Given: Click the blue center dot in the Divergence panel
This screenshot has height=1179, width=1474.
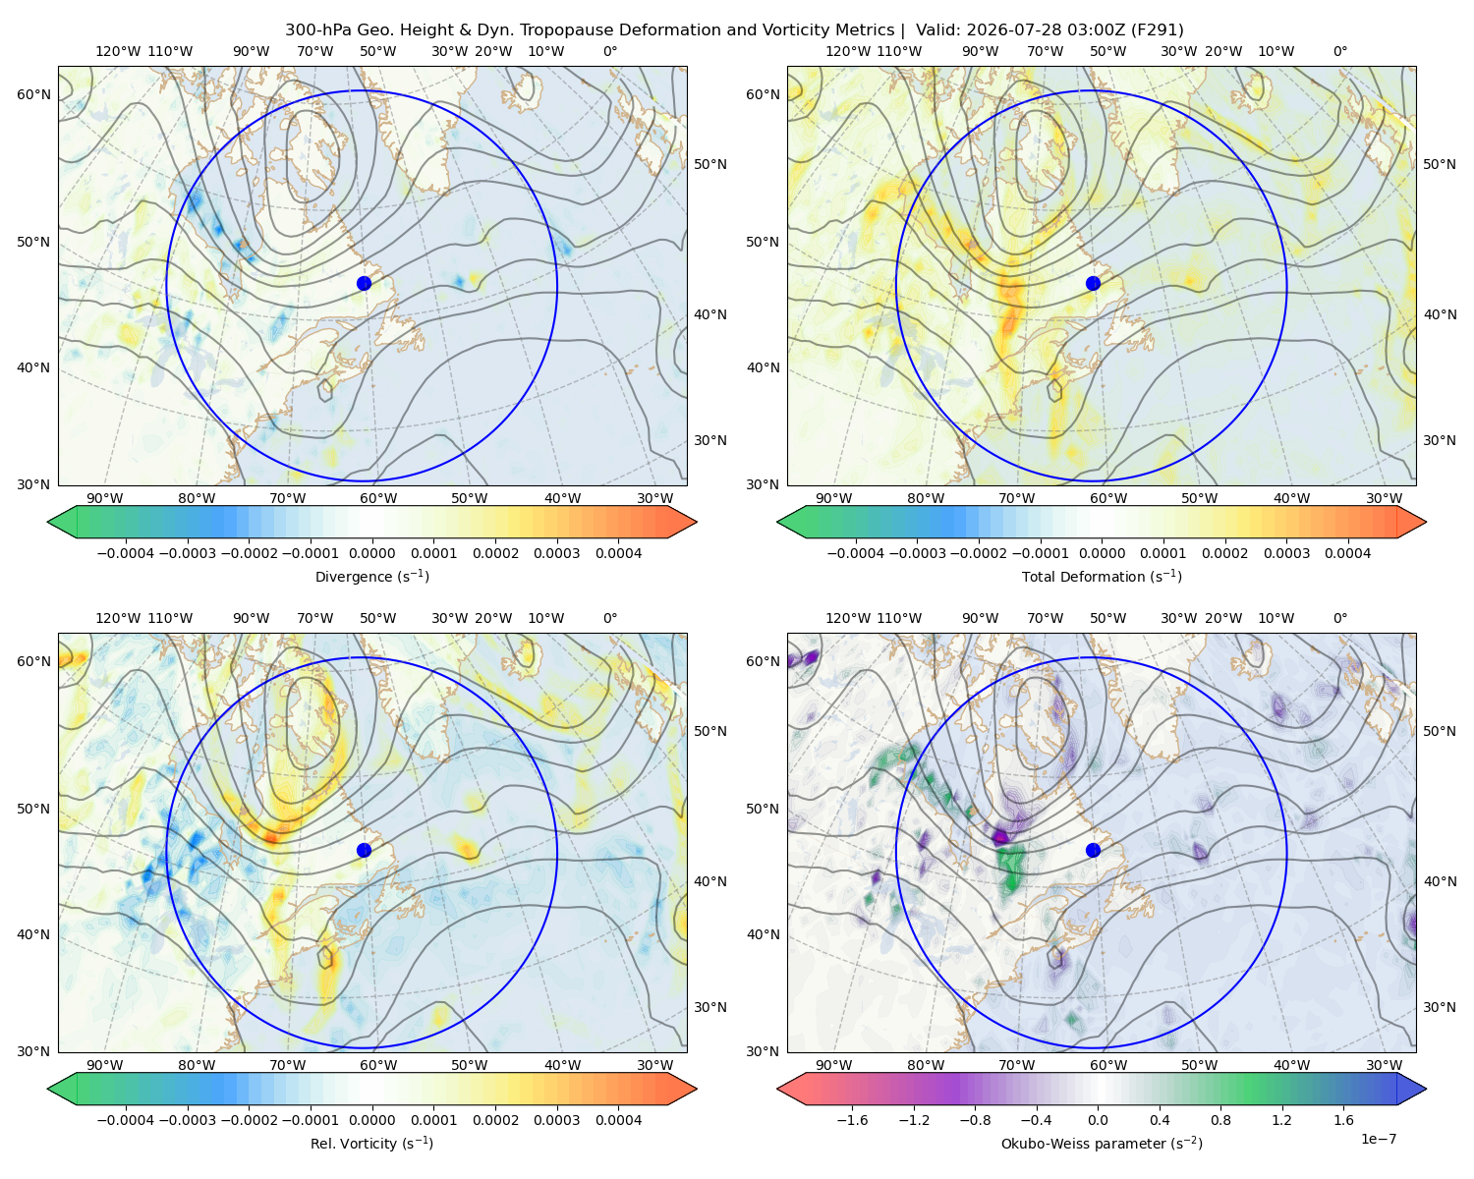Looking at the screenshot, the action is [x=364, y=283].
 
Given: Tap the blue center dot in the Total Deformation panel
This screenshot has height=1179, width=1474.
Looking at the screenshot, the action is [x=1093, y=283].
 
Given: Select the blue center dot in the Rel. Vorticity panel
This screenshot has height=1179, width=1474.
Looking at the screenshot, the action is [x=364, y=850].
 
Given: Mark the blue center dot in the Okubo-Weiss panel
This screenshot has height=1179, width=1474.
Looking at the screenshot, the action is [x=1093, y=850].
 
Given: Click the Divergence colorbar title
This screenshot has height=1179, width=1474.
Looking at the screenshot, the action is [x=371, y=576].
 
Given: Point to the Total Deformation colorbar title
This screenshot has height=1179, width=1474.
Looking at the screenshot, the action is [x=1102, y=576].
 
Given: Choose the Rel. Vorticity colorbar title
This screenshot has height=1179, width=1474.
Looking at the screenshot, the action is [x=371, y=1144].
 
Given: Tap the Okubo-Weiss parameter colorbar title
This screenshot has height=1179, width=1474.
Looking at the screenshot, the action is [x=1102, y=1144].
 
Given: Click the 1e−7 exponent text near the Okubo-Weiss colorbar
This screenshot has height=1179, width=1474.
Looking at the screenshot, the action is [x=1378, y=1139].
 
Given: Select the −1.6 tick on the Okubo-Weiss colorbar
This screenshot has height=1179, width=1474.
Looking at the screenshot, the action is [x=853, y=1120].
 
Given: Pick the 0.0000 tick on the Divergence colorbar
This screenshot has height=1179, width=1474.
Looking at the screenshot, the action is [x=371, y=553].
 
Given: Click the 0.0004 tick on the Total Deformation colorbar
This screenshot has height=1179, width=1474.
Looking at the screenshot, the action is [x=1347, y=553].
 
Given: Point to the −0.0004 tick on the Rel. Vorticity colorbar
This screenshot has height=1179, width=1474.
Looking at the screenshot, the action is [x=126, y=1120].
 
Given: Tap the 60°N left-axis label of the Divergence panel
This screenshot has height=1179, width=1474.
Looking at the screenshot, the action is [x=33, y=94].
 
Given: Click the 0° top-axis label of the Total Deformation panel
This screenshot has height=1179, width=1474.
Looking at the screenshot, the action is [x=1340, y=51].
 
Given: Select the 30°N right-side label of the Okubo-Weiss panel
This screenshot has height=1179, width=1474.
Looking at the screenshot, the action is [x=1440, y=1007].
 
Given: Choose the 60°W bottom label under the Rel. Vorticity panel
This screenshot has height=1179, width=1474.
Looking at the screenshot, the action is [x=378, y=1065].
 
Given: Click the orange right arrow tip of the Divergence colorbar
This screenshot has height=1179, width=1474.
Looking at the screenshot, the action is [x=696, y=522].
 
